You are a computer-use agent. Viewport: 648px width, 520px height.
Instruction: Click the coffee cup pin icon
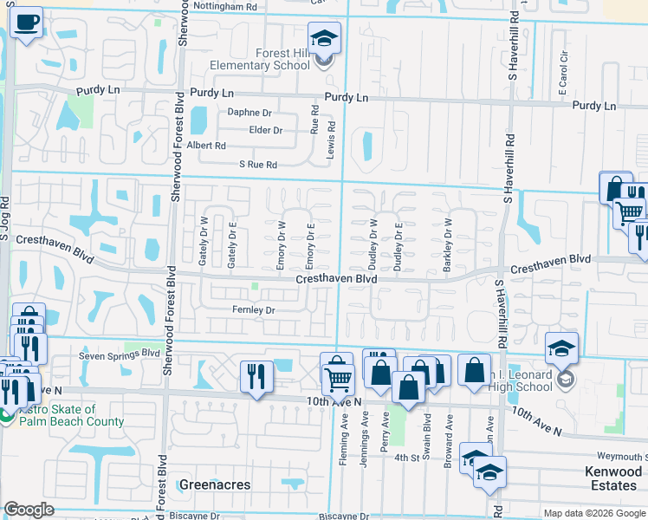pyautogui.click(x=27, y=23)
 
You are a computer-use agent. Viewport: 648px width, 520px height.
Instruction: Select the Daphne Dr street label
pyautogui.click(x=249, y=113)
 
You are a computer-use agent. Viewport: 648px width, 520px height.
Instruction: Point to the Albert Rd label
pyautogui.click(x=206, y=146)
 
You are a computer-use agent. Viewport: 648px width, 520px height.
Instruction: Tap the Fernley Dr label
pyautogui.click(x=253, y=309)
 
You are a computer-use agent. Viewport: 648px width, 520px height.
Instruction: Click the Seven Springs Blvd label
pyautogui.click(x=120, y=354)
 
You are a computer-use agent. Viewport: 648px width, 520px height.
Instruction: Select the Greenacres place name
pyautogui.click(x=215, y=484)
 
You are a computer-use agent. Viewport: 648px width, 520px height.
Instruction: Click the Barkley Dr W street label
pyautogui.click(x=449, y=245)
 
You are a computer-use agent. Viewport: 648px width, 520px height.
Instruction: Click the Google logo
pyautogui.click(x=29, y=510)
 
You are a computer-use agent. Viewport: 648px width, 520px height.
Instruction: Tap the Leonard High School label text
pyautogui.click(x=518, y=374)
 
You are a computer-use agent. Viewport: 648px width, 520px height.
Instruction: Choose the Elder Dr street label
pyautogui.click(x=266, y=130)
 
